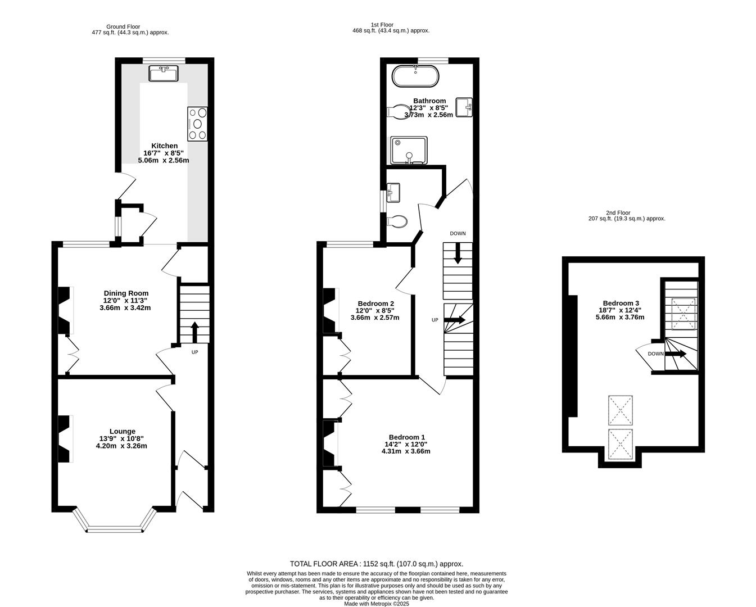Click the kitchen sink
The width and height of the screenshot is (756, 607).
tap(164, 74)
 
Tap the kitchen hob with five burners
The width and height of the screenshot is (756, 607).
tap(197, 124)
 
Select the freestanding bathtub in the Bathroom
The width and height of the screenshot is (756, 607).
tap(415, 76)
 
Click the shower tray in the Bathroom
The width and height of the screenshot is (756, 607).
tap(409, 151)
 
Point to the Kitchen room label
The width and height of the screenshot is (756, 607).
tap(164, 146)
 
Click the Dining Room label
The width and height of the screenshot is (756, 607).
tap(126, 293)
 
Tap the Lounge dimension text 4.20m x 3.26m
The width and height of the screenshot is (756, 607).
tap(121, 446)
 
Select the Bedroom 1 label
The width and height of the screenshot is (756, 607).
tap(407, 437)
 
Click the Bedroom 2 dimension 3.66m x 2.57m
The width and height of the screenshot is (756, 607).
tap(375, 318)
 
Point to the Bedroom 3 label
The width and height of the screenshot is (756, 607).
tap(621, 303)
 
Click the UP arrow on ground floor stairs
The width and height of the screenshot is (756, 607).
tap(194, 332)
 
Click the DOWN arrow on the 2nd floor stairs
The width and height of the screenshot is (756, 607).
tap(676, 354)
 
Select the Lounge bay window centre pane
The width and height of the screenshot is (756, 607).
tap(115, 529)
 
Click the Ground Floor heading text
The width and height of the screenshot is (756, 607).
tap(123, 27)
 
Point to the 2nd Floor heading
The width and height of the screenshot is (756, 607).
tap(618, 212)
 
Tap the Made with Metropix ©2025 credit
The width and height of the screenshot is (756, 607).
tap(377, 604)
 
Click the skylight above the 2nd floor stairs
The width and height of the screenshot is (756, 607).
tap(683, 314)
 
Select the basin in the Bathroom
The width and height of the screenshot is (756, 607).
tap(464, 107)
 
